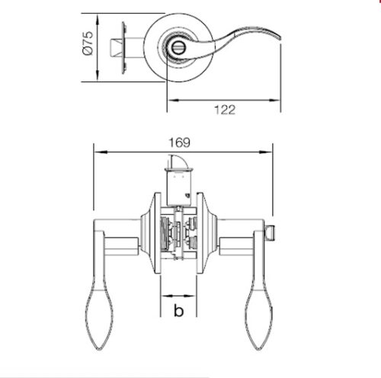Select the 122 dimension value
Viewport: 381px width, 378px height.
[x=223, y=109]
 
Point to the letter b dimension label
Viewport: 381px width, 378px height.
[x=178, y=310]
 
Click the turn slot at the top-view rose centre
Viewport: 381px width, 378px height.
[x=177, y=47]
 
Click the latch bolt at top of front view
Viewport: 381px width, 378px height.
[x=176, y=162]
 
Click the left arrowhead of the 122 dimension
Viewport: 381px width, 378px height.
[x=170, y=100]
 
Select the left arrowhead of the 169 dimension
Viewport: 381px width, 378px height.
[x=95, y=151]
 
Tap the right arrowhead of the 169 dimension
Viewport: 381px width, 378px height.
[x=269, y=151]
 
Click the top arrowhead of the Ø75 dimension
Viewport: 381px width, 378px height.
[x=98, y=15]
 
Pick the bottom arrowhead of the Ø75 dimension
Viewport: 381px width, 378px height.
[x=98, y=79]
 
